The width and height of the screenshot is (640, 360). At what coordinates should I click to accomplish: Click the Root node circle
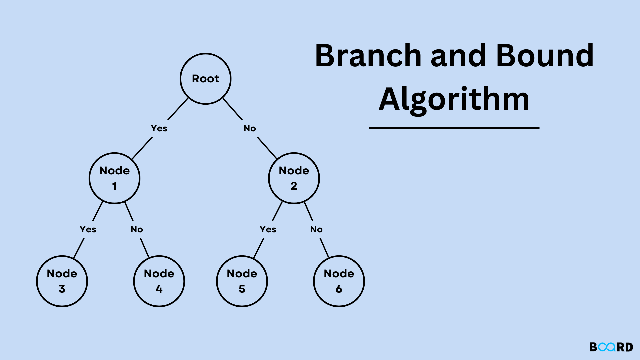tap(205, 79)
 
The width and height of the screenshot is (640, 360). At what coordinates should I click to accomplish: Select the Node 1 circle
tap(114, 178)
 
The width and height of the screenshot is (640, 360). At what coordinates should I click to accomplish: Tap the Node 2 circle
tap(294, 178)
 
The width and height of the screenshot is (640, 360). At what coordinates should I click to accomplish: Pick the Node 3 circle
tap(62, 281)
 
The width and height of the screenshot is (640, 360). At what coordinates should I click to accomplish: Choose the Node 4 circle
tap(159, 281)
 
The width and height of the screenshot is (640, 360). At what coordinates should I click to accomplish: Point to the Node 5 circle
tap(242, 281)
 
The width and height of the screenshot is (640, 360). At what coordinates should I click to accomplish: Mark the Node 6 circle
tap(339, 281)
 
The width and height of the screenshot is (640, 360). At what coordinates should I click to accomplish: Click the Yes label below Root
tap(159, 128)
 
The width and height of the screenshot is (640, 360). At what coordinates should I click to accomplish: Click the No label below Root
tap(250, 128)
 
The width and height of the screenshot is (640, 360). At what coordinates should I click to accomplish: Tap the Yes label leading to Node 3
tap(88, 229)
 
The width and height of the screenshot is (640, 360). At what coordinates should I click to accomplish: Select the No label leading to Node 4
tap(137, 229)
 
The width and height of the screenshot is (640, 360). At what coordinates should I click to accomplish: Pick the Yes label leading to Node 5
tap(268, 229)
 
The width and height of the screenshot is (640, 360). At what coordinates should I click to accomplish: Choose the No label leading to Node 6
tap(316, 229)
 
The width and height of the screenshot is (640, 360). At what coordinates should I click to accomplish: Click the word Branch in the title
tap(368, 56)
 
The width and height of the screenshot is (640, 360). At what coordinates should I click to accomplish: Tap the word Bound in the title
tap(545, 56)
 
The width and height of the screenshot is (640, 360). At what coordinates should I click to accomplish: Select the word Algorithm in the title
tap(454, 99)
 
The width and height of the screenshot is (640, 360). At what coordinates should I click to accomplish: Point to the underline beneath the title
tap(454, 128)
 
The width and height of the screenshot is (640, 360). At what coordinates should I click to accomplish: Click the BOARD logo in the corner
tap(611, 347)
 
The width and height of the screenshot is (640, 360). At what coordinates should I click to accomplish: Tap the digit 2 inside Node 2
tap(294, 186)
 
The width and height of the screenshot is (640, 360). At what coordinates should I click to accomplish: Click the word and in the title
tap(458, 56)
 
